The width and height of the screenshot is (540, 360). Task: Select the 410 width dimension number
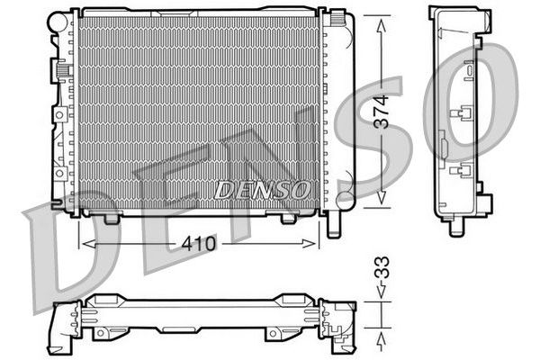click(199, 242)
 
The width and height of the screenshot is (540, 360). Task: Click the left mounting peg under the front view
click(111, 218)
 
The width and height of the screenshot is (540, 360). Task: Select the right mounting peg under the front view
click(289, 218)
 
